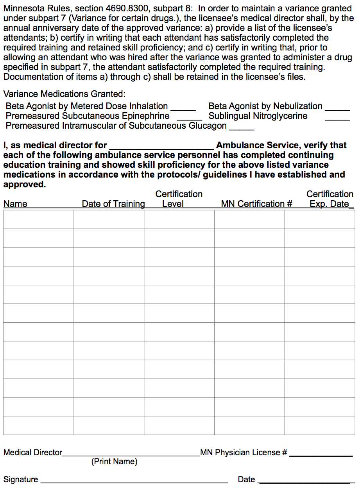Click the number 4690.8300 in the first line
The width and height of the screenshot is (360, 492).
(x=124, y=8)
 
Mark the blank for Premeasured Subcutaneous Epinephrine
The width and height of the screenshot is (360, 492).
(x=190, y=119)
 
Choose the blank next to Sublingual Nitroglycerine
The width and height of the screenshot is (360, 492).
(x=338, y=119)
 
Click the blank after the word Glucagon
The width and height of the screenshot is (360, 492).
(x=242, y=128)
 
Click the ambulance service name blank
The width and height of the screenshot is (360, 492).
(x=161, y=147)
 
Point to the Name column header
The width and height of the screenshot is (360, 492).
(x=15, y=204)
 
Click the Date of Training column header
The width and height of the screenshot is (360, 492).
(x=113, y=204)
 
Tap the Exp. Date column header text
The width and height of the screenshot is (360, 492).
(x=329, y=204)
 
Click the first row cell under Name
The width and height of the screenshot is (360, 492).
(x=39, y=219)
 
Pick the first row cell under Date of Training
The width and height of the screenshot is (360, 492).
(x=109, y=219)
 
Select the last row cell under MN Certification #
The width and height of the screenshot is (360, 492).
(x=249, y=426)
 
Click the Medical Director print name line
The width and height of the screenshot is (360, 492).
(x=131, y=454)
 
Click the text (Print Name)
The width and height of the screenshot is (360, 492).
(x=115, y=462)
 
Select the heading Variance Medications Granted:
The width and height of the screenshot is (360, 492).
(x=64, y=94)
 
